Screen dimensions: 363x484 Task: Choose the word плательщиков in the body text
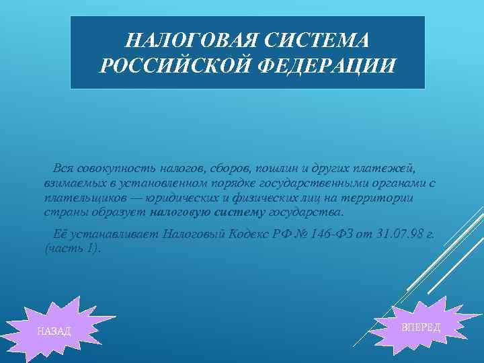pyautogui.click(x=80, y=198)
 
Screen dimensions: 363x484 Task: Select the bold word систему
pyautogui.click(x=238, y=213)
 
